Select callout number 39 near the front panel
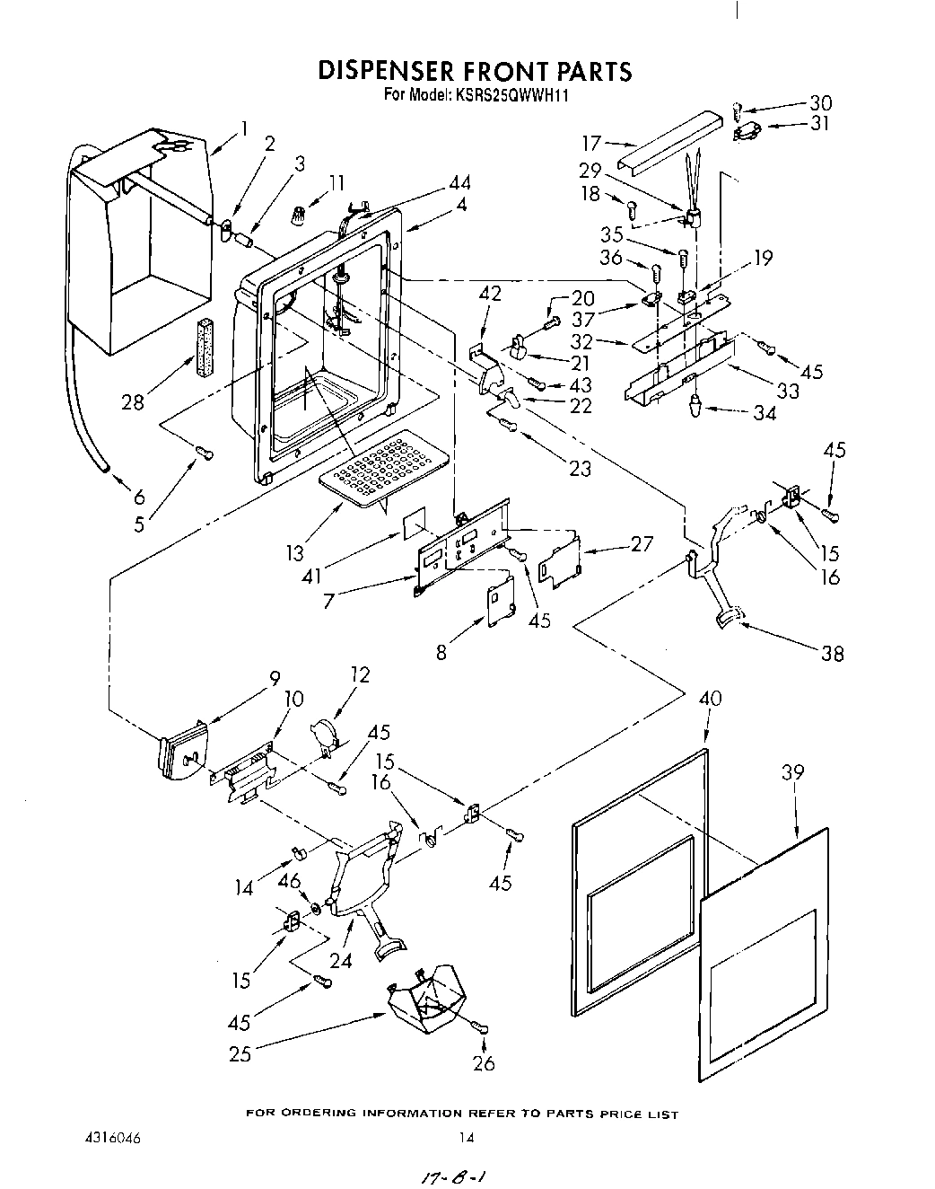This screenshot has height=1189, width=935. [792, 771]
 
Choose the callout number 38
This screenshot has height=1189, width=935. [832, 653]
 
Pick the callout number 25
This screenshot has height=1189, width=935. [240, 1052]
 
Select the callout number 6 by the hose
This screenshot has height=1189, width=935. [139, 498]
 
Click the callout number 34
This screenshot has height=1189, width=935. [765, 413]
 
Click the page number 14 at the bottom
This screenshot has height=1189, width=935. [466, 1137]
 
